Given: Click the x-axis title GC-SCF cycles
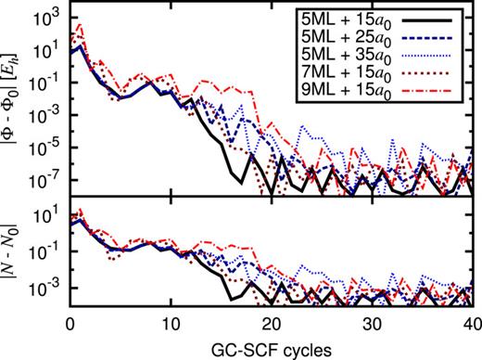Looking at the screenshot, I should tap(272, 350).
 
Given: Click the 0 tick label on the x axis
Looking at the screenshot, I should tap(70, 327).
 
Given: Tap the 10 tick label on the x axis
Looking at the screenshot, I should tap(171, 327).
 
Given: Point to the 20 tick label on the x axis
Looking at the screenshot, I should tap(272, 327).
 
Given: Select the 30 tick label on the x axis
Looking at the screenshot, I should tap(372, 327).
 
